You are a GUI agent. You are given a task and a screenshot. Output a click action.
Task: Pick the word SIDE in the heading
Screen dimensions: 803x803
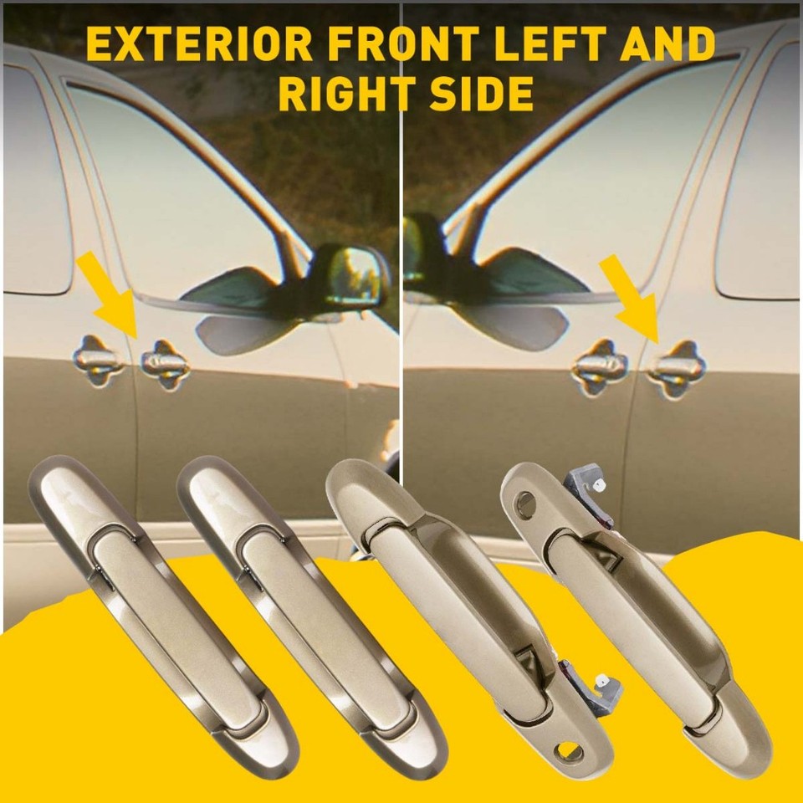click(480, 94)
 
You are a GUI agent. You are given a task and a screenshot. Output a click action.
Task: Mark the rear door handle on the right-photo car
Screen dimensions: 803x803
click(601, 366)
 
